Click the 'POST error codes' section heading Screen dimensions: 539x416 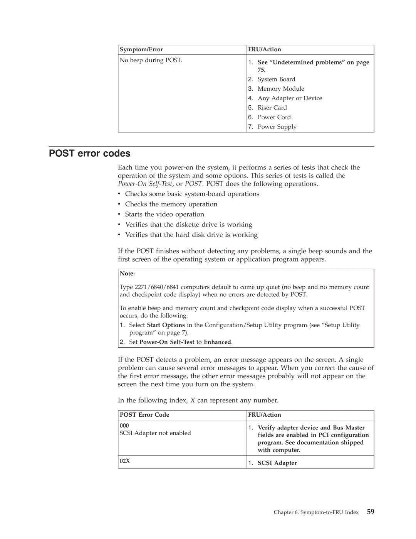pos(89,154)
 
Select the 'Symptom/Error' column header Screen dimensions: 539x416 pos(141,49)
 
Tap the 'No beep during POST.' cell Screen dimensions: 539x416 pos(151,60)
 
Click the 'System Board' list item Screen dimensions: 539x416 pos(276,79)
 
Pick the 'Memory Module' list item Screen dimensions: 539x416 pos(281,89)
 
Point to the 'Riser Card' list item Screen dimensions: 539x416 pos(272,108)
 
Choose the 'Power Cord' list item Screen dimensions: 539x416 pos(274,117)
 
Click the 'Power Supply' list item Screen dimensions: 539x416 pos(277,127)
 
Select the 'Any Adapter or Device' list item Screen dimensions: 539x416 pos(290,98)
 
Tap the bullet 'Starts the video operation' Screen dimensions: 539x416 pos(164,215)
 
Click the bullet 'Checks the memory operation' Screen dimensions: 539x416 pos(171,204)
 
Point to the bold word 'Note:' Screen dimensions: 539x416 pos(127,274)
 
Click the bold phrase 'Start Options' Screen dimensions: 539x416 pos(166,325)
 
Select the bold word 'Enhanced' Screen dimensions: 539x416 pos(217,342)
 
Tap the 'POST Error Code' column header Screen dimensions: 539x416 pos(144,415)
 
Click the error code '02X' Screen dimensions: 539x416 pos(124,461)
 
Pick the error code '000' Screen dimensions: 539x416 pos(124,426)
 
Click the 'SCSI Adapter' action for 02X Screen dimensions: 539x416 pos(277,463)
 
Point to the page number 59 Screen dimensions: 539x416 pos(370,512)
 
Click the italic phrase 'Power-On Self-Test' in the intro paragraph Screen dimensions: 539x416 pos(145,184)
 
